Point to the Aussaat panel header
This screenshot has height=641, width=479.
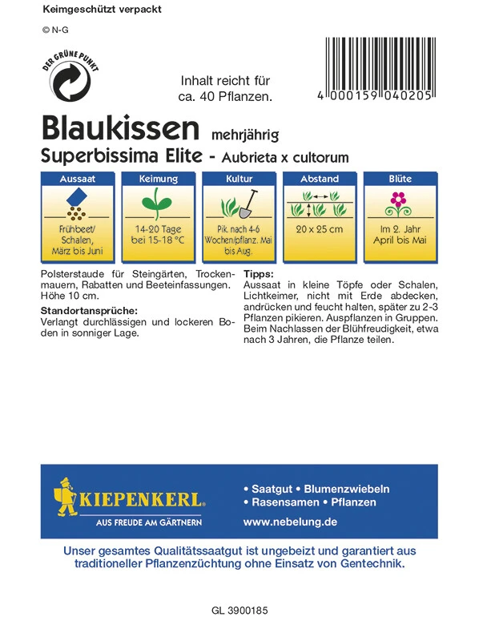pyautogui.click(x=77, y=179)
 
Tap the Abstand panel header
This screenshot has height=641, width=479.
pyautogui.click(x=319, y=179)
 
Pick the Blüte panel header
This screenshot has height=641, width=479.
pyautogui.click(x=400, y=179)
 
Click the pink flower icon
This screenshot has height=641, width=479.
pyautogui.click(x=399, y=200)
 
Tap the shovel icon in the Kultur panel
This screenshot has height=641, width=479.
pyautogui.click(x=248, y=204)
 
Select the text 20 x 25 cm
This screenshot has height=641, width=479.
pyautogui.click(x=319, y=230)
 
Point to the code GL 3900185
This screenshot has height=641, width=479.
pyautogui.click(x=239, y=611)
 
